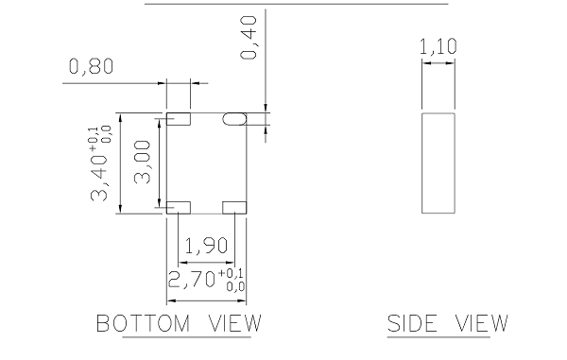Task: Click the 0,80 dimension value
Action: [91, 66]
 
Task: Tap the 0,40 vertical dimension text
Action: [249, 37]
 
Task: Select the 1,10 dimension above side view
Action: [438, 46]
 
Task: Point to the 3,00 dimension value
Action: [142, 162]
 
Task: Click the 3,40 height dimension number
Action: [99, 179]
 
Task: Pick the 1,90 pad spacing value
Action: [206, 246]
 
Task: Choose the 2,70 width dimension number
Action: [192, 280]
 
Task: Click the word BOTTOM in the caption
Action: [144, 323]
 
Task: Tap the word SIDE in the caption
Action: [412, 323]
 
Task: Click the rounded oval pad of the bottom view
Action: [234, 119]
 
